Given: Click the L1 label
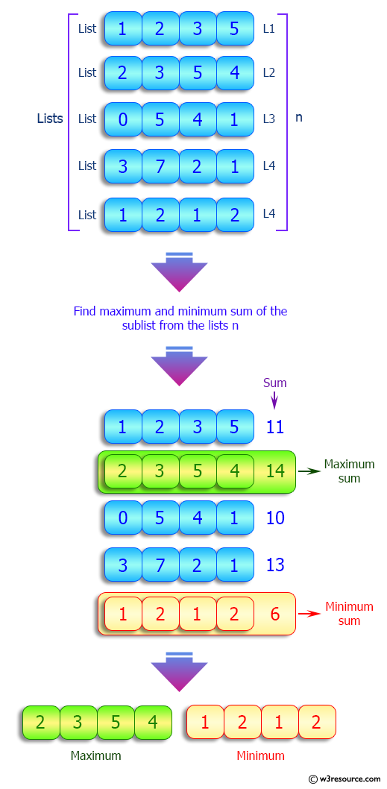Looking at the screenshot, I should [x=269, y=28].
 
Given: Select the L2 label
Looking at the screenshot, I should [x=269, y=72].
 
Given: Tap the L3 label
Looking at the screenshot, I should [x=269, y=119].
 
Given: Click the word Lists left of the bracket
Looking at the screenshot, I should [x=50, y=119].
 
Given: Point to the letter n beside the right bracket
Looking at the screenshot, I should [x=299, y=118].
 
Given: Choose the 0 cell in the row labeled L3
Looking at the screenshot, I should [x=123, y=119].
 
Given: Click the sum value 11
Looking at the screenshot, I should [x=275, y=427].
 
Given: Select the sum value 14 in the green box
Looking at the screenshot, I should [x=275, y=471].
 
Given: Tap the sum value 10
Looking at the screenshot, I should [x=275, y=518].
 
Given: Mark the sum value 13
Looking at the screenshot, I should [x=275, y=565].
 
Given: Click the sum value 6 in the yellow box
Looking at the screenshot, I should [x=275, y=614].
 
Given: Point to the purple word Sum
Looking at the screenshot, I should [x=274, y=383].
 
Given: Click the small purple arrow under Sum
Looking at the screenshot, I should [x=274, y=400].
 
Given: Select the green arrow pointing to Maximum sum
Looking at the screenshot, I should [x=308, y=471].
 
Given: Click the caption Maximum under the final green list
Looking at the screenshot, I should [x=95, y=755].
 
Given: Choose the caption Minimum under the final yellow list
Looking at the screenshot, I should [x=260, y=755].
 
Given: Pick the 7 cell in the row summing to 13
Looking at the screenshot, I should [x=160, y=565].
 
